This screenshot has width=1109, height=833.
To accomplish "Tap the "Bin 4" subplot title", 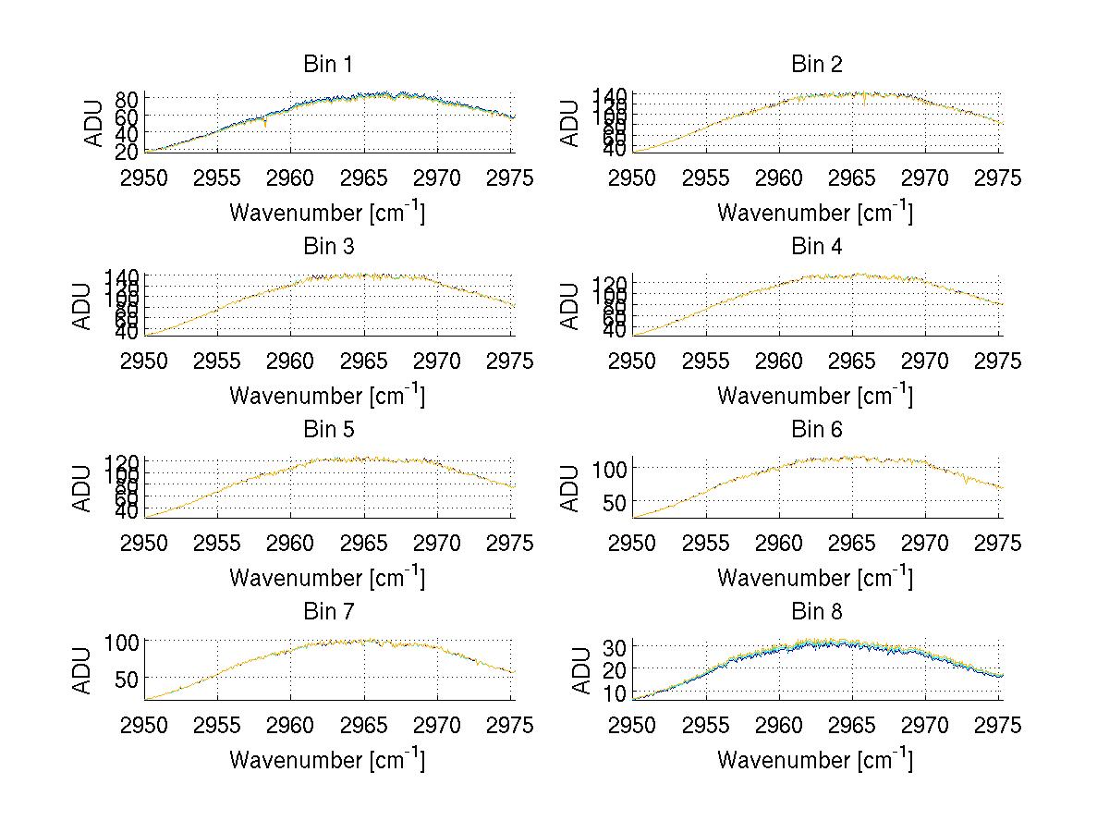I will click(x=817, y=247).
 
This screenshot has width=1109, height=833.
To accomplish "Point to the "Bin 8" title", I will click(x=817, y=612).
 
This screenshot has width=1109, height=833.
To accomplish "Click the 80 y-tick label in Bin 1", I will click(x=127, y=99).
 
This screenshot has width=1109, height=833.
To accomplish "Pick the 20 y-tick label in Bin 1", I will click(x=127, y=150).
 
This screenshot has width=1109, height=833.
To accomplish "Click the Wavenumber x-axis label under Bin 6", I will click(x=814, y=578).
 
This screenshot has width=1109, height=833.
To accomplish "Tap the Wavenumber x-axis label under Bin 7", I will click(x=326, y=760).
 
